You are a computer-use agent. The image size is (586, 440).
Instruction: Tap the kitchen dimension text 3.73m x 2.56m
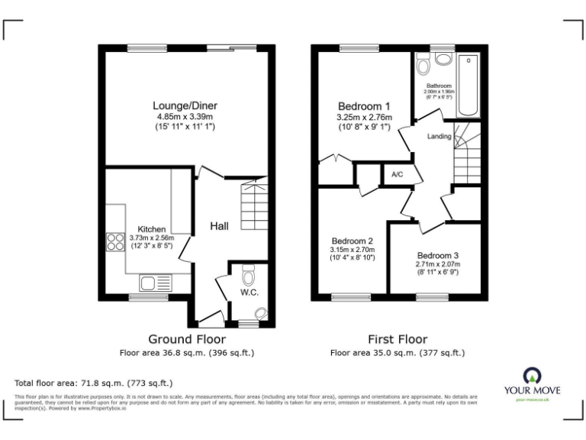tap(151, 238)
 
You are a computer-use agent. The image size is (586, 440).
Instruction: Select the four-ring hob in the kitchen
tap(114, 241)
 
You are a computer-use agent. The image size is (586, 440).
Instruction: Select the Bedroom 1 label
tap(365, 105)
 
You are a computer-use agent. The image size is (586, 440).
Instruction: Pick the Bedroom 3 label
tap(438, 255)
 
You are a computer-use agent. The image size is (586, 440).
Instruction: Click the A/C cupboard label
tap(397, 175)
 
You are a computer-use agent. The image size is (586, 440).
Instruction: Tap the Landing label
tap(439, 137)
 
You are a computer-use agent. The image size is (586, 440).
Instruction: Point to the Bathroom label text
tap(439, 86)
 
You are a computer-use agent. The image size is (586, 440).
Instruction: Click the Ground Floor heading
tap(186, 339)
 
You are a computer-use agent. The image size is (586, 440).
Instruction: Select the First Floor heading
tap(397, 339)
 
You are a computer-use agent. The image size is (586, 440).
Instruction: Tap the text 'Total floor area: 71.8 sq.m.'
tap(93, 382)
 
